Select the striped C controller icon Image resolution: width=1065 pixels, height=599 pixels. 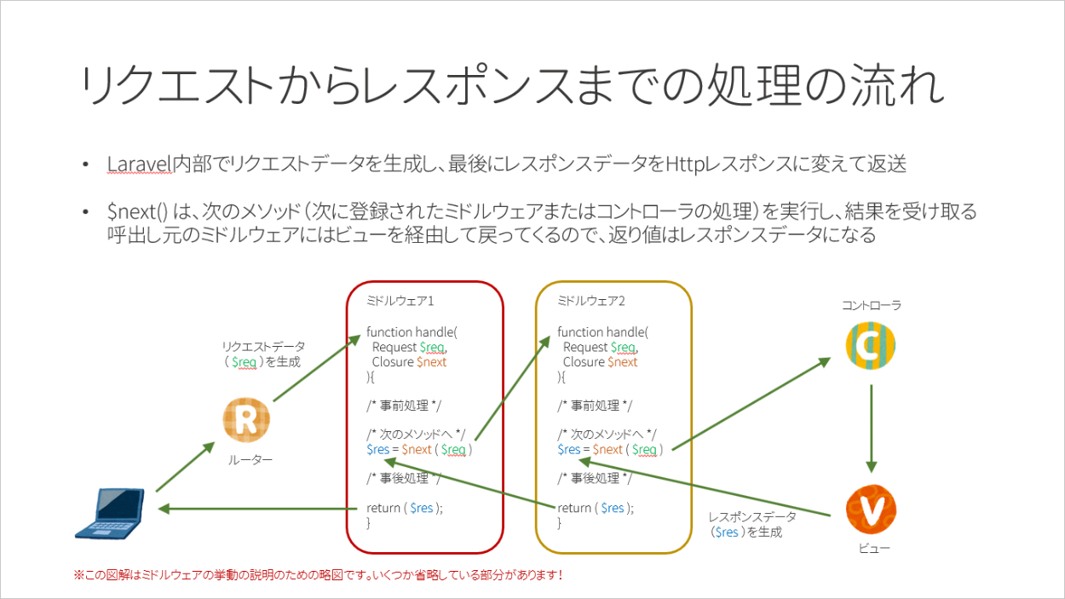(871, 345)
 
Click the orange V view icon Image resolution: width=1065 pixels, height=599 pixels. (871, 509)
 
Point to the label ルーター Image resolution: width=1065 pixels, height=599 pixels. (250, 460)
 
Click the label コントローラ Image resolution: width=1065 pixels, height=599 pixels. (871, 304)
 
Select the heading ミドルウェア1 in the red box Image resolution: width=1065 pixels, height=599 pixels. (400, 301)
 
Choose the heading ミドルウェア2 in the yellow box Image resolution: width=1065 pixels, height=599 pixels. (591, 301)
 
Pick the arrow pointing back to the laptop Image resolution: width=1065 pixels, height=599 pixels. (256, 509)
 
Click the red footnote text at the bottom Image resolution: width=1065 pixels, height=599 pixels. (319, 575)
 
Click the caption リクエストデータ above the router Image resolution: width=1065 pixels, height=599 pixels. (263, 347)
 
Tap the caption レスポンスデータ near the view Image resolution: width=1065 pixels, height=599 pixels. (752, 516)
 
